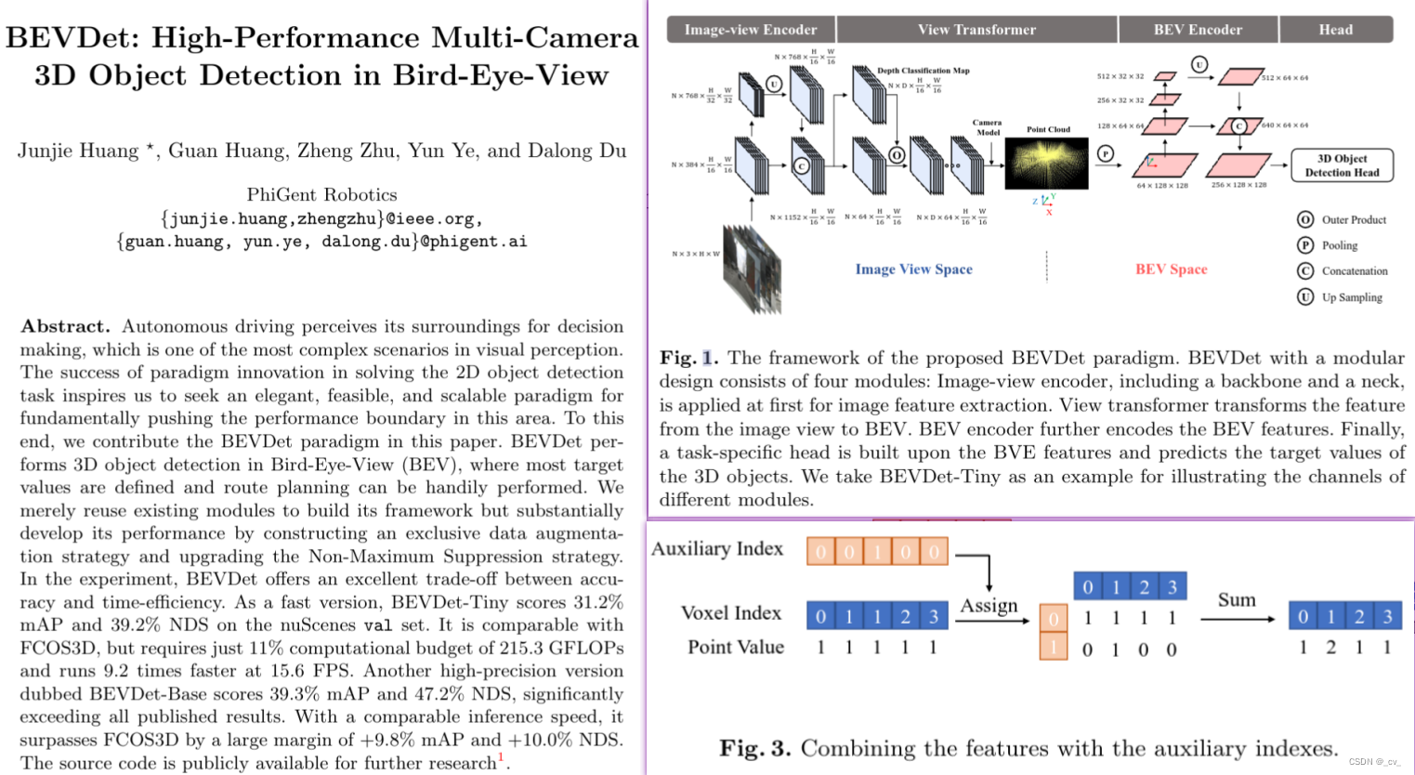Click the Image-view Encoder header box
[x=751, y=30]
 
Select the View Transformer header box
[x=976, y=30]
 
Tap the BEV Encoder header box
[x=1198, y=30]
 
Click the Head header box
[x=1335, y=30]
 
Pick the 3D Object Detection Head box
[x=1342, y=165]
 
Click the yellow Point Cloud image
[x=1047, y=164]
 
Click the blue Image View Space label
[x=913, y=269]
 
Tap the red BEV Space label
[x=1171, y=269]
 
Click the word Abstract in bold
[x=65, y=326]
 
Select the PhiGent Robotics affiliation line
[x=321, y=194]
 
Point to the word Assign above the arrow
[x=989, y=606]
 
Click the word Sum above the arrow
[x=1237, y=600]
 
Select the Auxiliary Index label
[x=717, y=549]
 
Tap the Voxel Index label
[x=731, y=613]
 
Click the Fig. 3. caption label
[x=754, y=749]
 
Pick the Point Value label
[x=735, y=648]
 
